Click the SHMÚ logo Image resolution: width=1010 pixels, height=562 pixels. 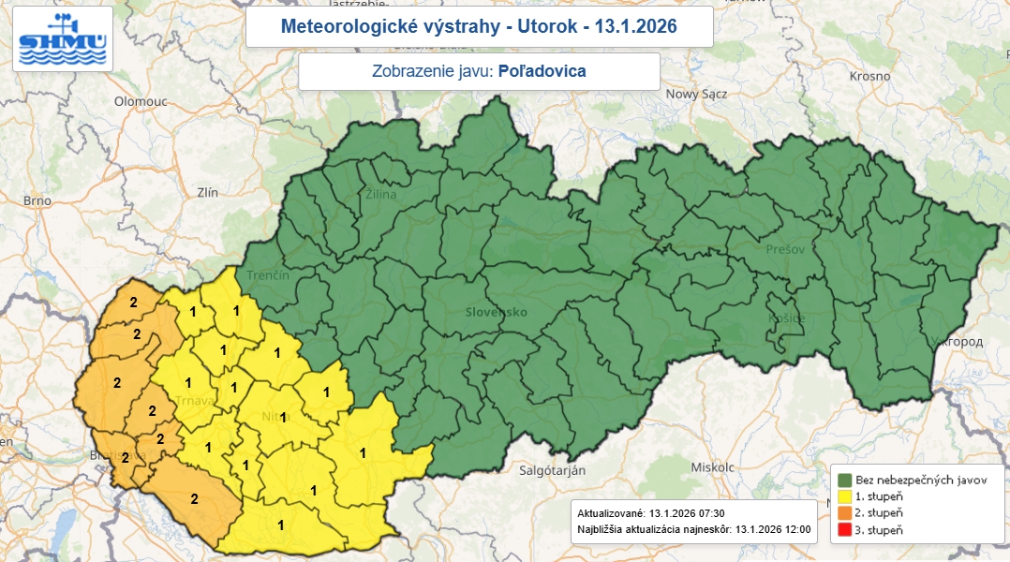click(64, 39)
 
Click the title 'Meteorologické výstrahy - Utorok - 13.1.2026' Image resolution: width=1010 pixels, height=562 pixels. click(479, 27)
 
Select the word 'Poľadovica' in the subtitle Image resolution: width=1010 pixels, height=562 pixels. click(542, 71)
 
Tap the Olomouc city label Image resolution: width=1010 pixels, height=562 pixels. click(140, 101)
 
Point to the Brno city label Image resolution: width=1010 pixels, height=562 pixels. click(37, 200)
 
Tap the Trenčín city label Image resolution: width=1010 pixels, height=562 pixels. click(268, 276)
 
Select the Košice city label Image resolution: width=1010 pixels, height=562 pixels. click(786, 318)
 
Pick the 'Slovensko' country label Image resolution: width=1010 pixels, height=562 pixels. click(497, 312)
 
